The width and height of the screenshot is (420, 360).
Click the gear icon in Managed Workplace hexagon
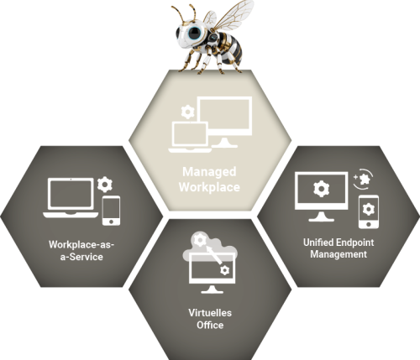click(187, 112)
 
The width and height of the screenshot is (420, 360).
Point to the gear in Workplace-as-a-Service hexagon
click(105, 184)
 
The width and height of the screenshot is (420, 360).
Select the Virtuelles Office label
click(210, 319)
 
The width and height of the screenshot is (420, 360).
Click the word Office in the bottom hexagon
click(210, 325)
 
